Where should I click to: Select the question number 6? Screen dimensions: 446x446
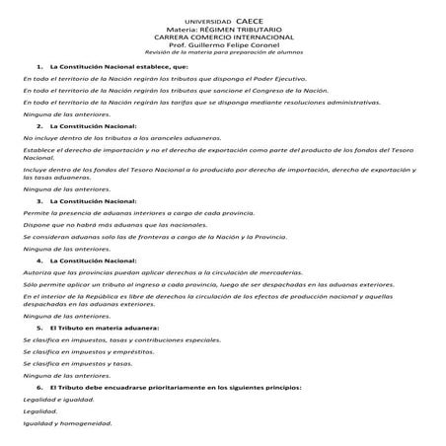tap(39, 387)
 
